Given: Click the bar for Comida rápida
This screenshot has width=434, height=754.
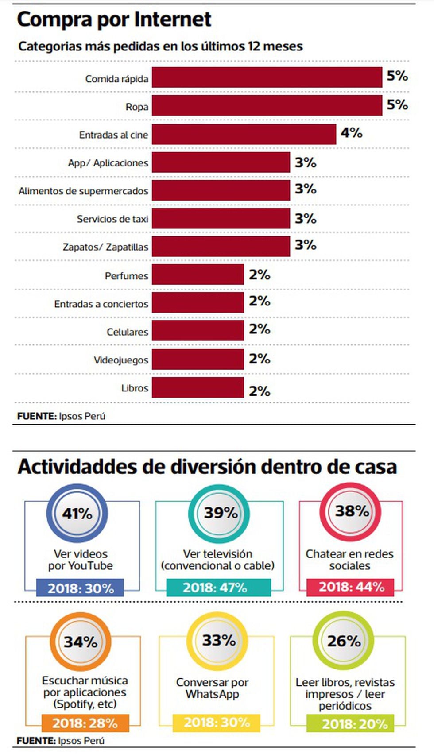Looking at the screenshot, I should (x=267, y=77).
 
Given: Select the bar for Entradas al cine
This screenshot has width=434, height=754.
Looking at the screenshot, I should (x=244, y=134).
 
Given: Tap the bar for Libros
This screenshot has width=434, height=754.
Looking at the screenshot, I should (x=198, y=387).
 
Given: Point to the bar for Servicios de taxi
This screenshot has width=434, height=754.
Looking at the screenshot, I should (x=221, y=218).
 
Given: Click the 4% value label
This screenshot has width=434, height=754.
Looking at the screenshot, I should (x=352, y=132).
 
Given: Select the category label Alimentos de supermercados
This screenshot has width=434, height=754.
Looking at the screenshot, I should (x=83, y=191).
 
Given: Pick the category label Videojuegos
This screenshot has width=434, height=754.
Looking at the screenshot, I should (x=121, y=360).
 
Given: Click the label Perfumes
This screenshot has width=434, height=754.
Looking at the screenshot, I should (x=126, y=276).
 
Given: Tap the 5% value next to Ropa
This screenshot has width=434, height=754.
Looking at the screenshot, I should (x=397, y=105).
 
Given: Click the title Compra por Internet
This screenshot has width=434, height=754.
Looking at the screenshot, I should (x=114, y=19).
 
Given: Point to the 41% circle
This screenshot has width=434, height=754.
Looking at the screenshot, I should (x=77, y=514).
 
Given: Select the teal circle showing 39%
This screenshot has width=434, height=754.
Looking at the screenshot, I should (x=219, y=513).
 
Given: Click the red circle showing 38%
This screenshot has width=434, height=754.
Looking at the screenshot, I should (x=351, y=511).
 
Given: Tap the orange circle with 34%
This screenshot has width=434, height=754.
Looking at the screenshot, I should (x=80, y=642).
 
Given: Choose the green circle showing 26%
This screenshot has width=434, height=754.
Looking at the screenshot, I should (x=344, y=641).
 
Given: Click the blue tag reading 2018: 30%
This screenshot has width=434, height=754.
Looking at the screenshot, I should (x=80, y=588).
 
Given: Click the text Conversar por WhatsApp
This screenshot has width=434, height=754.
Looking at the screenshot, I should (x=212, y=688).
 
